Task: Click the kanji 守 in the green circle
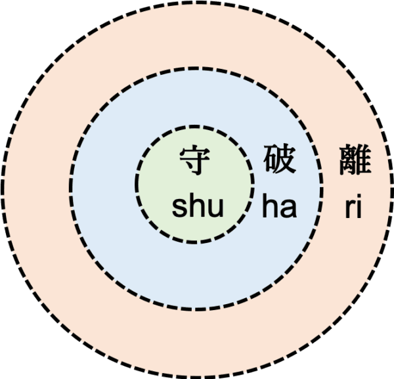(x=195, y=160)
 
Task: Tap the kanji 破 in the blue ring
(x=279, y=160)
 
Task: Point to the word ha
(x=280, y=206)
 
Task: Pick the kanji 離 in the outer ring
(x=355, y=160)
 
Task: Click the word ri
(x=353, y=206)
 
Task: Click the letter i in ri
(x=359, y=206)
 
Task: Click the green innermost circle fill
(x=195, y=231)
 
